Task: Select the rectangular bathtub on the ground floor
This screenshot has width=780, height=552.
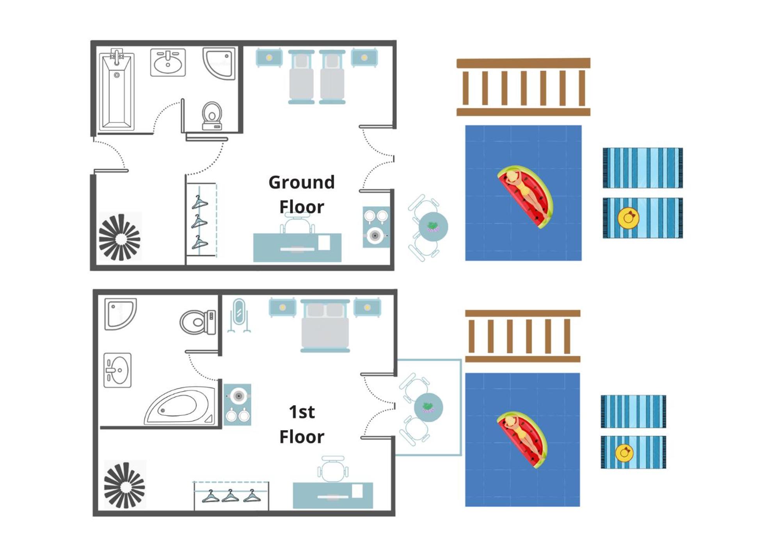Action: click(117, 91)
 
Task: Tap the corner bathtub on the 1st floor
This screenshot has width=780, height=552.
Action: click(180, 406)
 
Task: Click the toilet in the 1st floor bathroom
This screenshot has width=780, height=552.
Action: click(198, 322)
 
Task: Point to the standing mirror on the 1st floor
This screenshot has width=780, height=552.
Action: click(239, 315)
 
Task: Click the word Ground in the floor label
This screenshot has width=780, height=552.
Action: click(302, 182)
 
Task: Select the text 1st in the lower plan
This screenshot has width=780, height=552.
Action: click(302, 412)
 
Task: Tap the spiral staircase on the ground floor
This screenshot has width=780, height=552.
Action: click(119, 237)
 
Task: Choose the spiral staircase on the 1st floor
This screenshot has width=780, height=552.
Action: click(124, 485)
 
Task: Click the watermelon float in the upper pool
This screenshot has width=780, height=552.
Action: click(525, 196)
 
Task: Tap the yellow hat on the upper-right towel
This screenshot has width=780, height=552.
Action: click(628, 218)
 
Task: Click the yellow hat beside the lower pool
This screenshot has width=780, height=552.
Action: click(624, 453)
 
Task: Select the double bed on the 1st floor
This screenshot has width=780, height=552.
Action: click(325, 326)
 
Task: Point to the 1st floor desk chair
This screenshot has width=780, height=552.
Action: click(333, 469)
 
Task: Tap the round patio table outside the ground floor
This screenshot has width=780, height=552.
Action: click(433, 227)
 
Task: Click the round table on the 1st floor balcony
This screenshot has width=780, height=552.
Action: click(428, 407)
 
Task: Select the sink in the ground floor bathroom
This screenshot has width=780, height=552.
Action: click(168, 62)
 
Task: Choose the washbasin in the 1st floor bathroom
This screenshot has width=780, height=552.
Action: click(117, 370)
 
